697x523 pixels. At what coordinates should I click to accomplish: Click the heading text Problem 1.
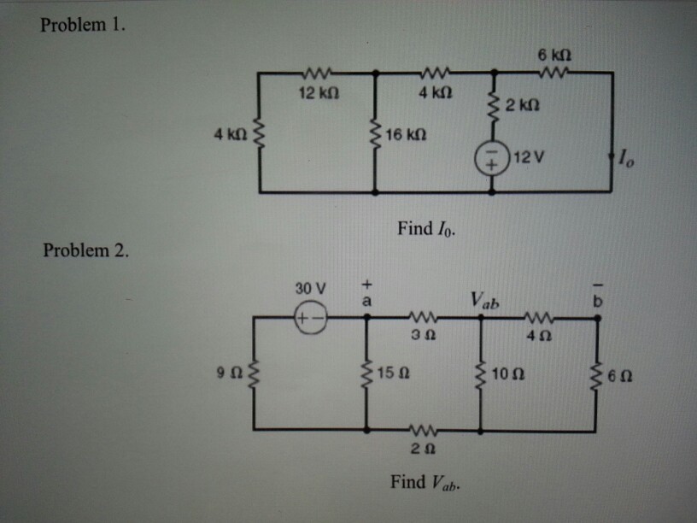pyautogui.click(x=83, y=24)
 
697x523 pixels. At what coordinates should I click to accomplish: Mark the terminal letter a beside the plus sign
pyautogui.click(x=367, y=301)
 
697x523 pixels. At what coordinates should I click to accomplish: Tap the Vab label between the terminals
pyautogui.click(x=483, y=301)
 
